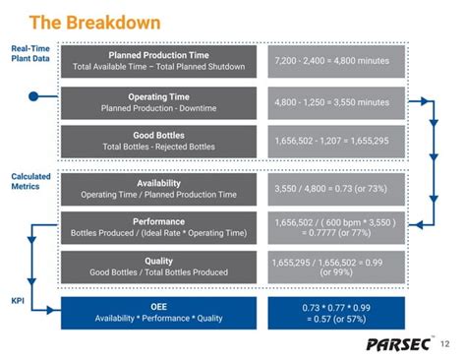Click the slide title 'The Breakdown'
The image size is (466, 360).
pyautogui.click(x=80, y=21)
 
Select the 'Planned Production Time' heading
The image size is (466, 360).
pyautogui.click(x=158, y=55)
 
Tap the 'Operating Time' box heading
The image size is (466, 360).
pyautogui.click(x=158, y=95)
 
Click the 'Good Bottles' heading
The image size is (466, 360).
pyautogui.click(x=158, y=135)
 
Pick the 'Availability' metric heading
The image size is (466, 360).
pyautogui.click(x=158, y=182)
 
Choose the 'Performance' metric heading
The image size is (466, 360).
pyautogui.click(x=158, y=222)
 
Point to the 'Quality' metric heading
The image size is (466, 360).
pyautogui.click(x=158, y=261)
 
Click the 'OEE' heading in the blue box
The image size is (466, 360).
pyautogui.click(x=158, y=306)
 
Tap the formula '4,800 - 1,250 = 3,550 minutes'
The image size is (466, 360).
pyautogui.click(x=331, y=101)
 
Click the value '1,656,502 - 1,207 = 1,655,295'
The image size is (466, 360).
pyautogui.click(x=331, y=141)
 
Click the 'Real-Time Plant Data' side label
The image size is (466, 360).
pyautogui.click(x=30, y=53)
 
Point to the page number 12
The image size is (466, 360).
pyautogui.click(x=445, y=343)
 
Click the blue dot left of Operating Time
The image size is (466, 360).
pyautogui.click(x=33, y=96)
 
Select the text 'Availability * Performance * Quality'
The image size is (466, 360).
pyautogui.click(x=158, y=318)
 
